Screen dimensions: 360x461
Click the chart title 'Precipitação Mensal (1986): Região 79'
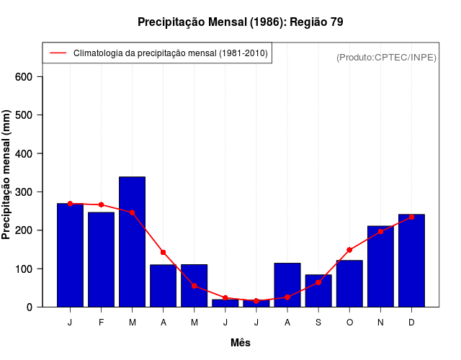pyautogui.click(x=241, y=22)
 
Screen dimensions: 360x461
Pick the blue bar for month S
pyautogui.click(x=318, y=291)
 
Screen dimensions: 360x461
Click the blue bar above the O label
pyautogui.click(x=349, y=284)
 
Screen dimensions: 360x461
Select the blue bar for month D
pyautogui.click(x=411, y=261)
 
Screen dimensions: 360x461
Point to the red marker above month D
pyautogui.click(x=411, y=217)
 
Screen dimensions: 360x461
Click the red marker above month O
pyautogui.click(x=349, y=250)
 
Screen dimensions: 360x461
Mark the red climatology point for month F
pyautogui.click(x=101, y=205)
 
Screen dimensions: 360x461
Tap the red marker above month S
pyautogui.click(x=318, y=282)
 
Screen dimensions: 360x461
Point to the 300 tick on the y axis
pyautogui.click(x=29, y=192)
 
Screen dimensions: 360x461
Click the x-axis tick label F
pyautogui.click(x=101, y=323)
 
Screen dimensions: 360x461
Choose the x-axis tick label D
pyautogui.click(x=411, y=323)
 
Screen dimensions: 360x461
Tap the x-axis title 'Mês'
pyautogui.click(x=241, y=343)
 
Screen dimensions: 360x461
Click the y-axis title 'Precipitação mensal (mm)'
pyautogui.click(x=6, y=175)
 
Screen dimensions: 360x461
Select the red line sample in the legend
pyautogui.click(x=58, y=53)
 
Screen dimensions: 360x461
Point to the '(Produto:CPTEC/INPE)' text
pyautogui.click(x=386, y=58)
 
